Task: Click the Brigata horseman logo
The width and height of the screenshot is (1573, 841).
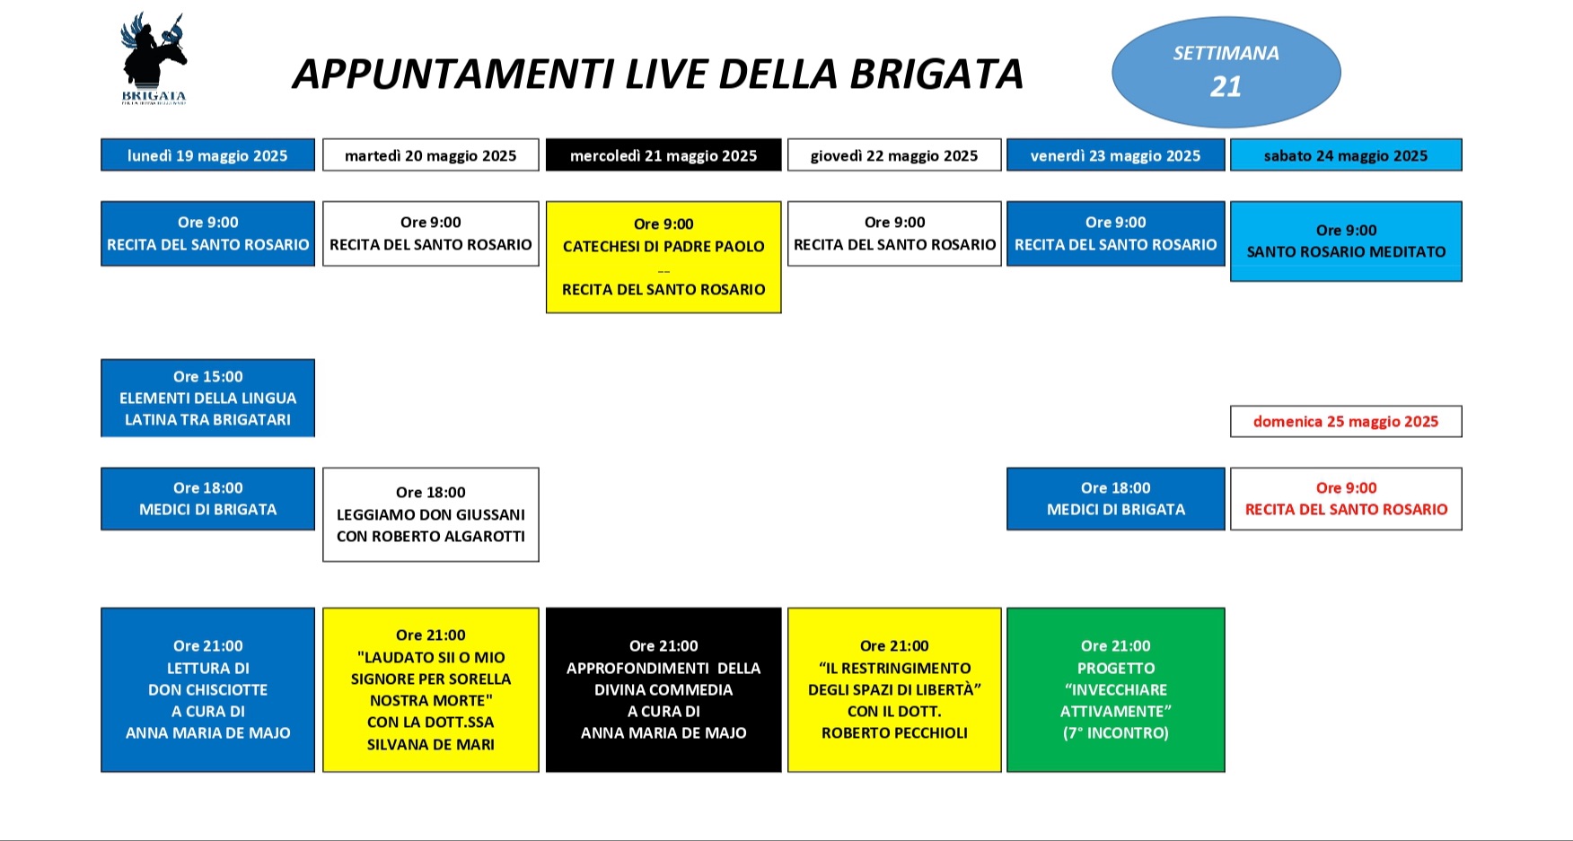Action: [x=154, y=57]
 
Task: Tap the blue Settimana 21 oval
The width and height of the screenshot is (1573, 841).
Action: [x=1226, y=72]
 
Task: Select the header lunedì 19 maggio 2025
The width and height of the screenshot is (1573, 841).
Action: [x=207, y=155]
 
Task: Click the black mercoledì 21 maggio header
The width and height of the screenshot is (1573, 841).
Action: [x=663, y=155]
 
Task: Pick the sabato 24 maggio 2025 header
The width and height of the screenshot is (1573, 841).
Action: [x=1345, y=155]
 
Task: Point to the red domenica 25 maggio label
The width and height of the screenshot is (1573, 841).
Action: [x=1345, y=422]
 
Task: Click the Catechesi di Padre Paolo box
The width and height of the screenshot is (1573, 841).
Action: [x=663, y=257]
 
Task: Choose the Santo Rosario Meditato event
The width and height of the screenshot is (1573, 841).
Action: [x=1345, y=241]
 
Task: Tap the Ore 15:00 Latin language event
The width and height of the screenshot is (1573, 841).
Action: [x=207, y=398]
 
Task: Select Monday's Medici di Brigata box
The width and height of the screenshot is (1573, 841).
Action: [x=207, y=499]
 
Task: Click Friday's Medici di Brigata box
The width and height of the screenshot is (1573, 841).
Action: [x=1115, y=499]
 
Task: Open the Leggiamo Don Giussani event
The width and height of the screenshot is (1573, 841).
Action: [x=430, y=514]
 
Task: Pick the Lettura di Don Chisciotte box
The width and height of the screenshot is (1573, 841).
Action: [x=207, y=689]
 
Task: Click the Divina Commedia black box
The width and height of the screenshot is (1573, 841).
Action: [x=663, y=689]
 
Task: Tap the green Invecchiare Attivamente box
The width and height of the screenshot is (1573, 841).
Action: [x=1115, y=689]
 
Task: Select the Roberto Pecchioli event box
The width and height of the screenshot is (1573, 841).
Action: [x=894, y=689]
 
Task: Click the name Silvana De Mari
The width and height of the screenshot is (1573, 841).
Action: [x=430, y=744]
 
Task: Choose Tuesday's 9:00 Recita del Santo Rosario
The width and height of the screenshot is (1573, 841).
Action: [x=430, y=233]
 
